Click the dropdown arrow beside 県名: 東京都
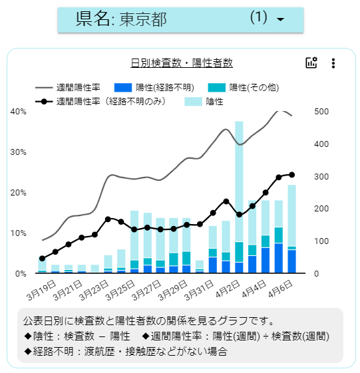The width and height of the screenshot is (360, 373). pos(281,19)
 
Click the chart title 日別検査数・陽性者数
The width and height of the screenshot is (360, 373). pos(182,63)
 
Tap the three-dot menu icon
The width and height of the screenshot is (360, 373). pos(333,63)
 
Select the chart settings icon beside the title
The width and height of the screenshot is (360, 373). pos(311,62)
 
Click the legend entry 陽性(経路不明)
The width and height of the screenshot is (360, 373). pos(154,88)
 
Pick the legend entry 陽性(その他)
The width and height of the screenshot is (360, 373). pos(244,88)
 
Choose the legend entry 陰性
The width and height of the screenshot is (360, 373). pos(204,102)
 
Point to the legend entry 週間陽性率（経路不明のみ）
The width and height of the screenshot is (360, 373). pos(100,102)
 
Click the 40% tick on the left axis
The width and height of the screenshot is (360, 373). pos(19,111)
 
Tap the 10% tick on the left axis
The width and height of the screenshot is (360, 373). pos(19,233)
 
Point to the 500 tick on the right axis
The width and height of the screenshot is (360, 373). pos(321,111)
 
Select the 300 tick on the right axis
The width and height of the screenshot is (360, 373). pos(321,176)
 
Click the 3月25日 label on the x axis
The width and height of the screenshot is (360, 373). pos(120,290)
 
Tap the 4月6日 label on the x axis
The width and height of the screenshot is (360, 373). pos(280,289)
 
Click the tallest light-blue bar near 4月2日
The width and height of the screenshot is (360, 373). pos(239,182)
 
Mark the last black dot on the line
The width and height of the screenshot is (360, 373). pos(291,175)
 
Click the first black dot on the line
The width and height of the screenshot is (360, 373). pos(43,259)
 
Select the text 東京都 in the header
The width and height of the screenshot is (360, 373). pos(143,19)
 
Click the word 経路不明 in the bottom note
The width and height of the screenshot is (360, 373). pos(53,351)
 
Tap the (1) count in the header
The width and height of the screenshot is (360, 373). pos(259,17)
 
